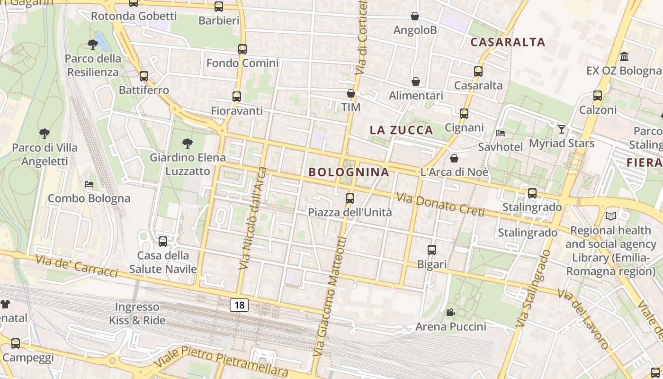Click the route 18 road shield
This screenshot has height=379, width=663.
[x=239, y=305]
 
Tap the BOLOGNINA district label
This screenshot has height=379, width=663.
[x=349, y=172]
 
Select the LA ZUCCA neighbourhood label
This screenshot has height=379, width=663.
[x=401, y=130]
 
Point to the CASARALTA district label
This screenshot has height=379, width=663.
[x=508, y=42]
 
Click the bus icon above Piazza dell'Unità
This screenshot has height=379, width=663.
[x=350, y=199]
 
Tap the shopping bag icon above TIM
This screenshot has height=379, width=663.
[x=351, y=93]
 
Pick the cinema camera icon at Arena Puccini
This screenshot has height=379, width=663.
[x=450, y=313]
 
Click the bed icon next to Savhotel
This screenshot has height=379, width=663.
[x=501, y=133]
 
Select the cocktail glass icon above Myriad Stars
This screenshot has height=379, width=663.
[x=562, y=129]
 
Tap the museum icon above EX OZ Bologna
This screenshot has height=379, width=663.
[x=624, y=57]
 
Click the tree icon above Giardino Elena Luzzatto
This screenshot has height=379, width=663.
[x=187, y=143]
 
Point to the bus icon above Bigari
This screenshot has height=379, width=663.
[x=431, y=250]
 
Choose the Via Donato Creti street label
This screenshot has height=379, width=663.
[x=440, y=204]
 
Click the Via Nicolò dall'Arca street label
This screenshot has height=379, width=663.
[x=253, y=218]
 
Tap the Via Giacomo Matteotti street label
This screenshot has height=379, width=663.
[x=330, y=297]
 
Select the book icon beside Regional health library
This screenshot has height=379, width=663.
[x=610, y=217]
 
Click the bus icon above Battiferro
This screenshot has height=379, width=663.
[x=143, y=76]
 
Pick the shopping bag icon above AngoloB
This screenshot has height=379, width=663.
[x=415, y=16]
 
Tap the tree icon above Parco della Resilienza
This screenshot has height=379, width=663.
[x=93, y=45]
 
